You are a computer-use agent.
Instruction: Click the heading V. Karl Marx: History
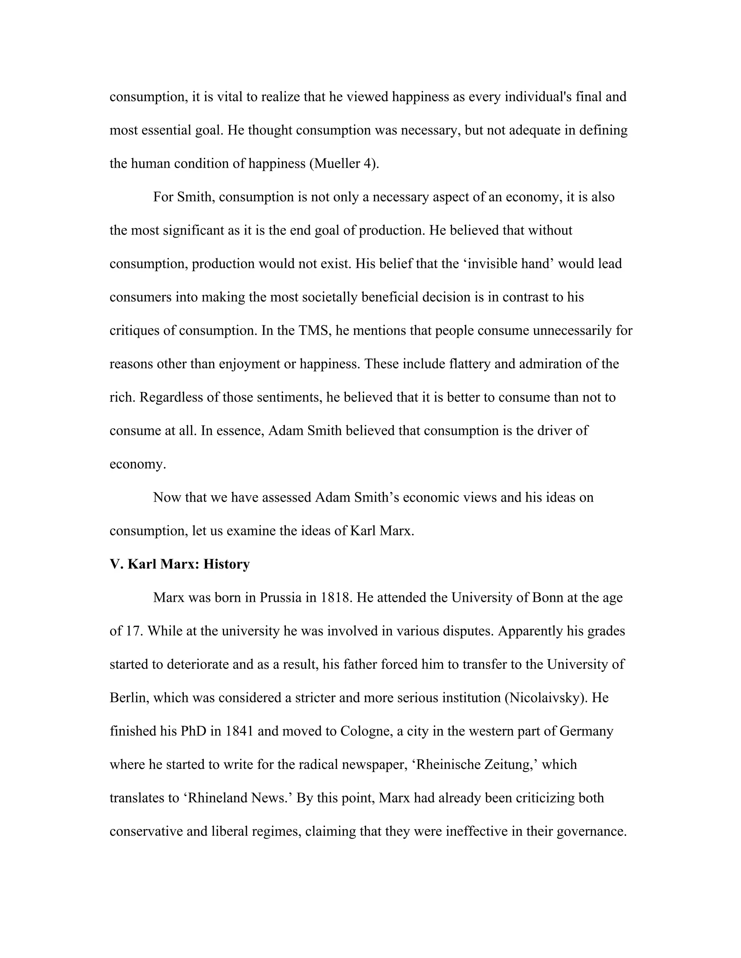(179, 564)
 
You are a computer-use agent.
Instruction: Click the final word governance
(591, 831)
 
